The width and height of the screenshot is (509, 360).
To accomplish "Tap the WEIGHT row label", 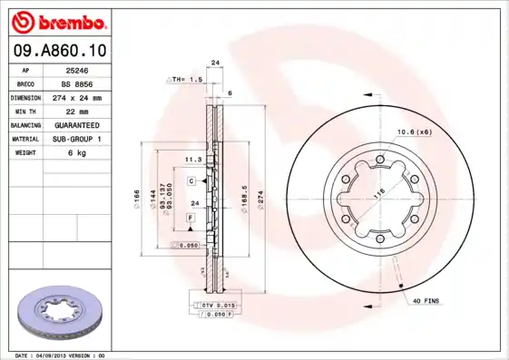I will tap(24, 152).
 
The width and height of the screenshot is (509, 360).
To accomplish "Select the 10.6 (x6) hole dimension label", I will tap(413, 132).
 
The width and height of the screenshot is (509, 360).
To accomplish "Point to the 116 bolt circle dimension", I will tap(378, 191).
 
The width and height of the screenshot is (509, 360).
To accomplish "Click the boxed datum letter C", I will tap(192, 181).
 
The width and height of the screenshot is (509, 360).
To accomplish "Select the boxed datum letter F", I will tap(191, 219).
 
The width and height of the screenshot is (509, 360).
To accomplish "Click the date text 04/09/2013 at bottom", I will tap(54, 355).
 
